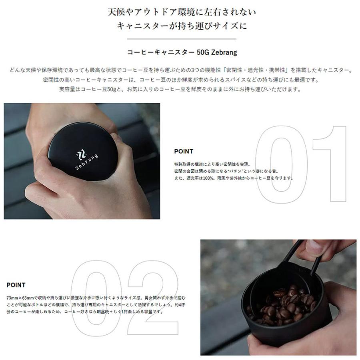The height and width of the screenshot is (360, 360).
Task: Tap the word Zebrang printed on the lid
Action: pyautogui.click(x=86, y=162)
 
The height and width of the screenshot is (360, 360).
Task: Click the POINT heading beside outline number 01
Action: pyautogui.click(x=184, y=152)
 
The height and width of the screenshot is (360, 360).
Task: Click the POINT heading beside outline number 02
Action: pyautogui.click(x=16, y=285)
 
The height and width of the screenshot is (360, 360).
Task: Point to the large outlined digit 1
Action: pyautogui.click(x=330, y=164)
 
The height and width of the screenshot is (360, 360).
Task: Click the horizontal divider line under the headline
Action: pyautogui.click(x=182, y=39)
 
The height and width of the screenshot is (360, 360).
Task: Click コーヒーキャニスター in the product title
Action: pyautogui.click(x=160, y=52)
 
